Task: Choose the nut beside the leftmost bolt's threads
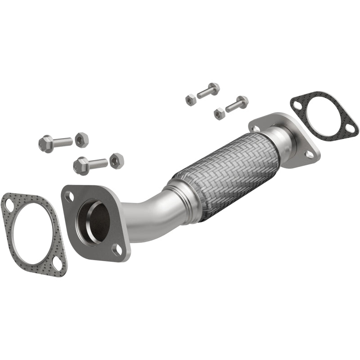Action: pyautogui.click(x=81, y=140)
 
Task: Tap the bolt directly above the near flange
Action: pyautogui.click(x=90, y=164)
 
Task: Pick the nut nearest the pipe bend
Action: pyautogui.click(x=117, y=160)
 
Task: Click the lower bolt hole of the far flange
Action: pyautogui.click(x=310, y=154)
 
